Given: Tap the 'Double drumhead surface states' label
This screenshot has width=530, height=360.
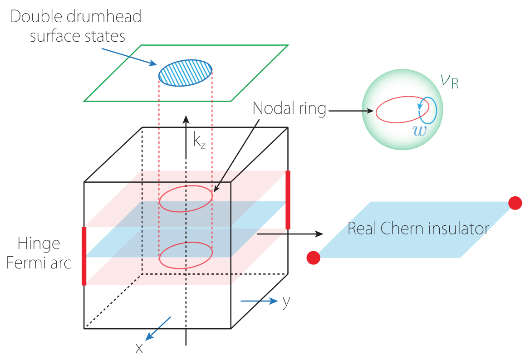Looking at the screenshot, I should coord(75,26).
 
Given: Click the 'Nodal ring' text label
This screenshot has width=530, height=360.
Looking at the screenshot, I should coord(289,109).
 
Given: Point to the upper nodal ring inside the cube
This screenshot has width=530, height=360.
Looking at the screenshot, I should coord(186,199).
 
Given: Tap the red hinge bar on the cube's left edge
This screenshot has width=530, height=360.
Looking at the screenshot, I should coord(84,256).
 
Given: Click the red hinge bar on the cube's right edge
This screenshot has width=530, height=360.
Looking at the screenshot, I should coord(288,199).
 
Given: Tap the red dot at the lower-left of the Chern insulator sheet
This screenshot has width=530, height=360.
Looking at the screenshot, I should coord(314,258).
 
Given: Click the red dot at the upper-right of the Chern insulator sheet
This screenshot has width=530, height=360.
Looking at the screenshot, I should coord(515,203).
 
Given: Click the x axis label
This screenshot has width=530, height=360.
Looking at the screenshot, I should coord(139,348).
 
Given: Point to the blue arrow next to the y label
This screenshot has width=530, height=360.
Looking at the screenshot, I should coord(259,301).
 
